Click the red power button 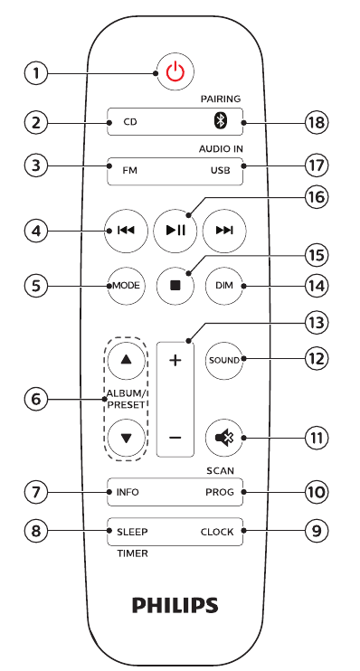click(x=175, y=72)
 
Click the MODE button click(x=125, y=285)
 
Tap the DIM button click(x=224, y=285)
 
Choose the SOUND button click(x=224, y=360)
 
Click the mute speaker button click(x=223, y=438)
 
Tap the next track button click(x=224, y=231)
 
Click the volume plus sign click(x=175, y=360)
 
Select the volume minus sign click(x=175, y=438)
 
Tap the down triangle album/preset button click(x=126, y=438)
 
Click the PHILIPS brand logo click(x=175, y=604)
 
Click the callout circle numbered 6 click(x=35, y=398)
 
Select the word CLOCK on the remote click(x=217, y=532)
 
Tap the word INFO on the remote click(x=128, y=494)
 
